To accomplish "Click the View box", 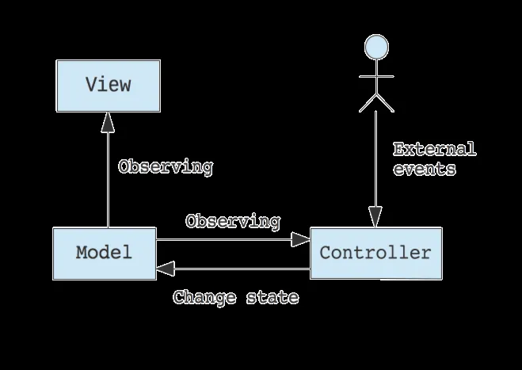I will [107, 85].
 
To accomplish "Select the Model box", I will [105, 254].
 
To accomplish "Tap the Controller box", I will [375, 254].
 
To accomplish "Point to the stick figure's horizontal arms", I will [376, 77].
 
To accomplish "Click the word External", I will [434, 149].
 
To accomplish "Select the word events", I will [424, 169].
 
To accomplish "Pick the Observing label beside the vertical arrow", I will [165, 167].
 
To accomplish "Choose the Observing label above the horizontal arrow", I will [232, 222].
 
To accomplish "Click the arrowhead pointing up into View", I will [107, 121].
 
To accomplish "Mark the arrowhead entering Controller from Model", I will [300, 238].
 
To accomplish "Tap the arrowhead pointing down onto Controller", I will [375, 216].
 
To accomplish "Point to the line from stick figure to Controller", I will [375, 158].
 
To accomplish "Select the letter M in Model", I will [82, 254].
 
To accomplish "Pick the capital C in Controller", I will [324, 254].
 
